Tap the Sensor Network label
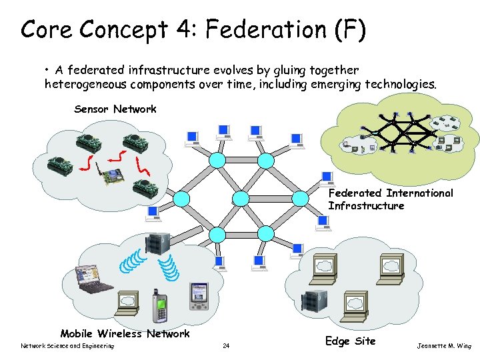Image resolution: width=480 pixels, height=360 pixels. [115, 109]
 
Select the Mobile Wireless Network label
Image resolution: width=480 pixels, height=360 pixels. [125, 333]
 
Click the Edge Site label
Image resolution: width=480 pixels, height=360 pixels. [350, 341]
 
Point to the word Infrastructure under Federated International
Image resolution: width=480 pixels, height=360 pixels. [366, 205]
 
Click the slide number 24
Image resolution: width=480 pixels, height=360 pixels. [226, 345]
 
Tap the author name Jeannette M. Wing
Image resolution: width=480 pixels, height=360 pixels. [443, 345]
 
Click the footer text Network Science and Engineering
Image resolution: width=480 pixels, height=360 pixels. [67, 345]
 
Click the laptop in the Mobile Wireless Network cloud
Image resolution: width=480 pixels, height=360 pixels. [95, 280]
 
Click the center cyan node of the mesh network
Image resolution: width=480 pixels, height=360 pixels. [241, 198]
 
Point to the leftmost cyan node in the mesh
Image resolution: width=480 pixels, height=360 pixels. [181, 198]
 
